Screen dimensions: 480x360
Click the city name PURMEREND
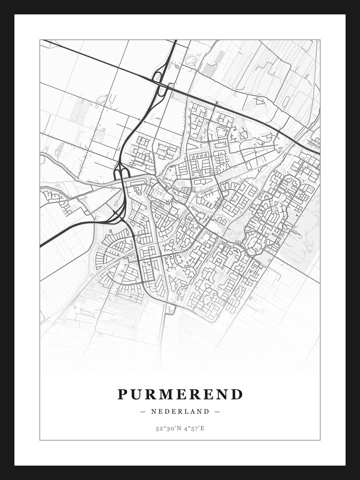[x=180, y=395]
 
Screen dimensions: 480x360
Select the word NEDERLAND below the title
[x=180, y=411]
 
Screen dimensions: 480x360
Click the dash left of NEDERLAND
[x=143, y=411]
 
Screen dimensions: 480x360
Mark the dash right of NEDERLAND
[x=217, y=411]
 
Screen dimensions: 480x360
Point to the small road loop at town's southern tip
[x=171, y=309]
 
